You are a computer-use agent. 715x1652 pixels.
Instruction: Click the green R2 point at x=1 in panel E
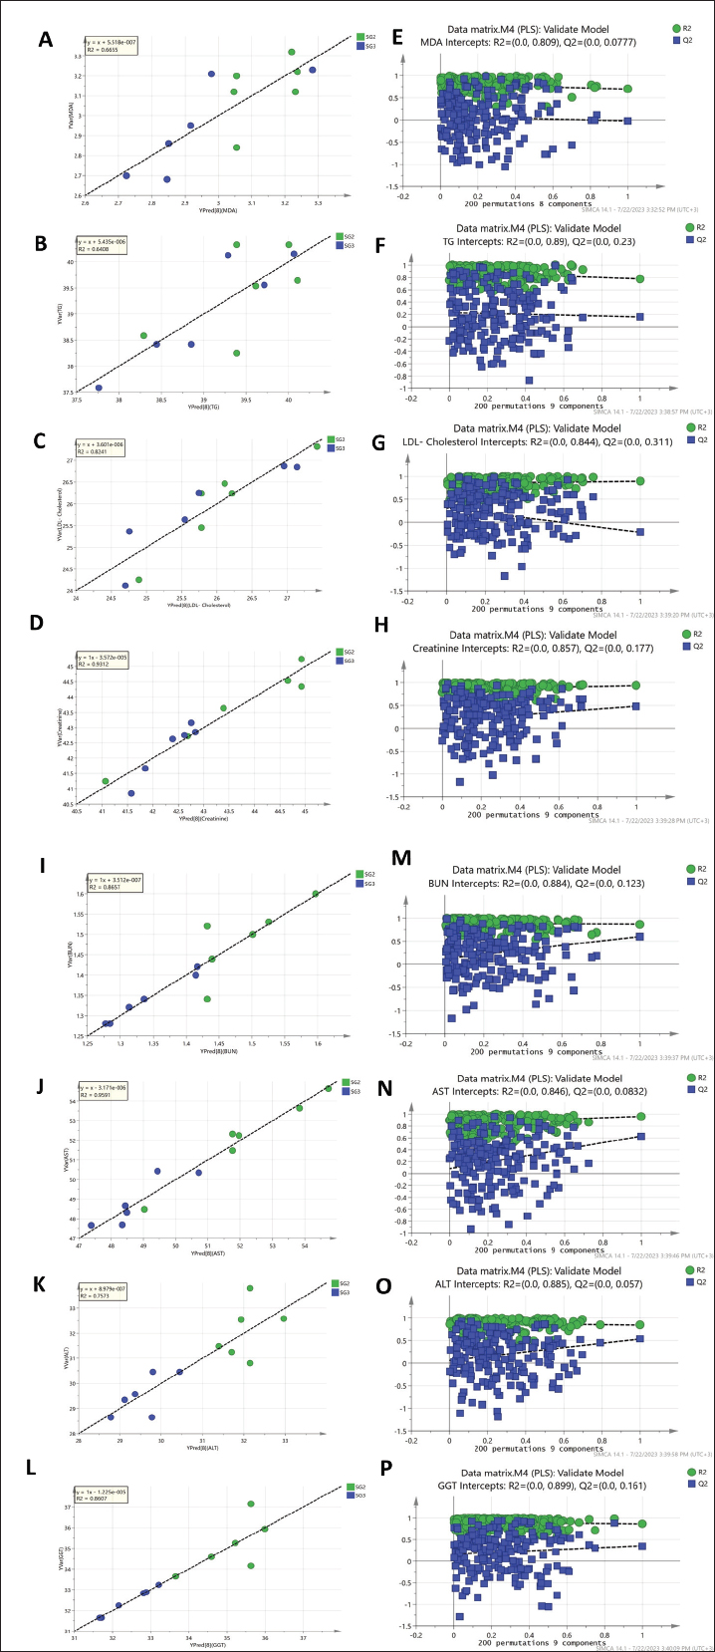[627, 89]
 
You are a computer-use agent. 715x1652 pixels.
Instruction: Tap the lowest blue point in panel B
[99, 388]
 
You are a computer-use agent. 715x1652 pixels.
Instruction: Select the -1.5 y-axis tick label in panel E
[423, 186]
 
